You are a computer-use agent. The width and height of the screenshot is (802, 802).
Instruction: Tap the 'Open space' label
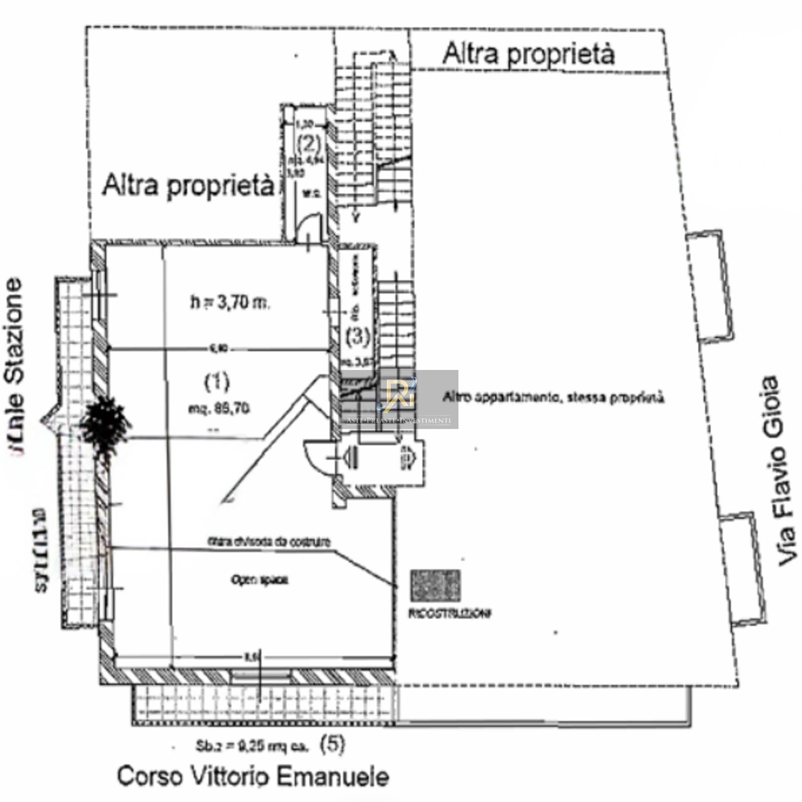(x=259, y=580)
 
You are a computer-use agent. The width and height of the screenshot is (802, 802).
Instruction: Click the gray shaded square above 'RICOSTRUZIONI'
(x=435, y=585)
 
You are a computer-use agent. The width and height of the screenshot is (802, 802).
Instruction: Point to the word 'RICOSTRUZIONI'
(x=450, y=614)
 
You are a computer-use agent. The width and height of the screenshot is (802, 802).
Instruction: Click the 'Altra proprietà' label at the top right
(x=528, y=54)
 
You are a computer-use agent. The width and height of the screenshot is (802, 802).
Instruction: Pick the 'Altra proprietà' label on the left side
(x=188, y=185)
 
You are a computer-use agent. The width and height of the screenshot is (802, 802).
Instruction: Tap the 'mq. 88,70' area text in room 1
(x=219, y=409)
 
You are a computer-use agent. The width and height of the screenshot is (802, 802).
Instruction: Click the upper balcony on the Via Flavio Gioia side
(x=710, y=286)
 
